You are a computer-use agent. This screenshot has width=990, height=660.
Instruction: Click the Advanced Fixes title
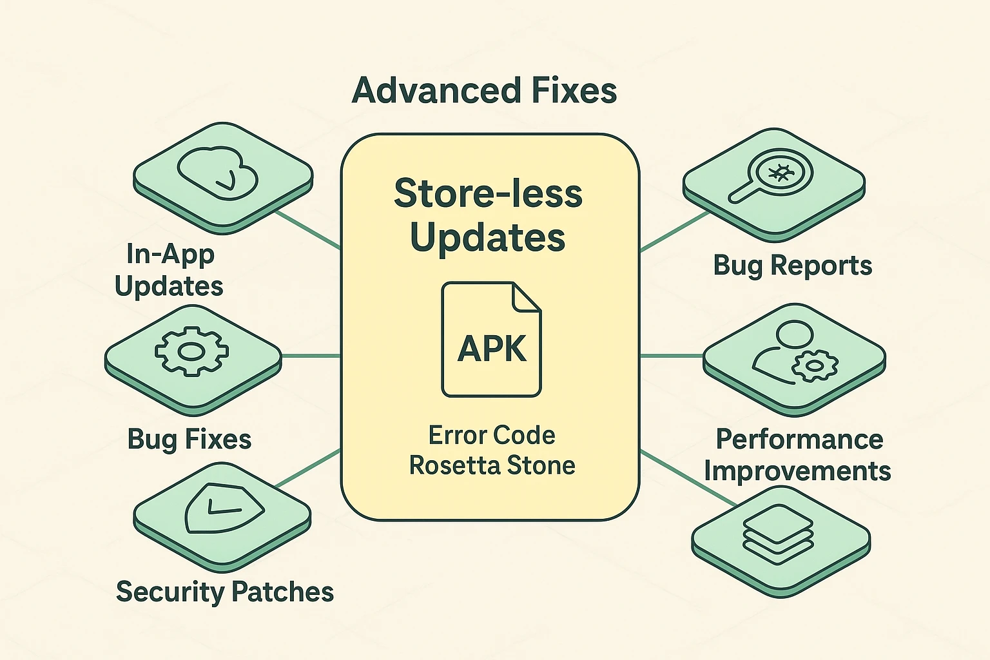(x=484, y=90)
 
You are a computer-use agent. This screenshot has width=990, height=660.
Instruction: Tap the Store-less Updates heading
(x=488, y=215)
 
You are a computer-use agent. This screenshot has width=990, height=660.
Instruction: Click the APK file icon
(x=491, y=339)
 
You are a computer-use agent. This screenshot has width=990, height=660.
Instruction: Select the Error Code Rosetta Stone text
(x=492, y=450)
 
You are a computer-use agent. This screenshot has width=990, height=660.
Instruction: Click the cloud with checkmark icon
(x=218, y=170)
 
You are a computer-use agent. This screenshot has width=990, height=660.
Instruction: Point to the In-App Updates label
(x=170, y=270)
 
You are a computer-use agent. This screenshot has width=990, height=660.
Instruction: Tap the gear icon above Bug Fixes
(x=191, y=352)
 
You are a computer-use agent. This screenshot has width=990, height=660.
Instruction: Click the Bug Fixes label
(x=189, y=439)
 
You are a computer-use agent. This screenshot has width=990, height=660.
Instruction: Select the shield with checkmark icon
(x=223, y=508)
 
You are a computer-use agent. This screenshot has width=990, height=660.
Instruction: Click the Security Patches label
(x=225, y=592)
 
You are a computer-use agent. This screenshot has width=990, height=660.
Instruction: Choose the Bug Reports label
(x=792, y=266)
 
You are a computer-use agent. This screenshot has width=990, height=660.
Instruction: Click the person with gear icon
(x=794, y=354)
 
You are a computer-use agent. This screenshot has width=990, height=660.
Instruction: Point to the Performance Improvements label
(x=798, y=455)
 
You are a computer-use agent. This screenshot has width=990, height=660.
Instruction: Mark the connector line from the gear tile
(x=311, y=355)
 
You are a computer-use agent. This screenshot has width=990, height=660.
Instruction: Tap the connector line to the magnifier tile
(x=674, y=231)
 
